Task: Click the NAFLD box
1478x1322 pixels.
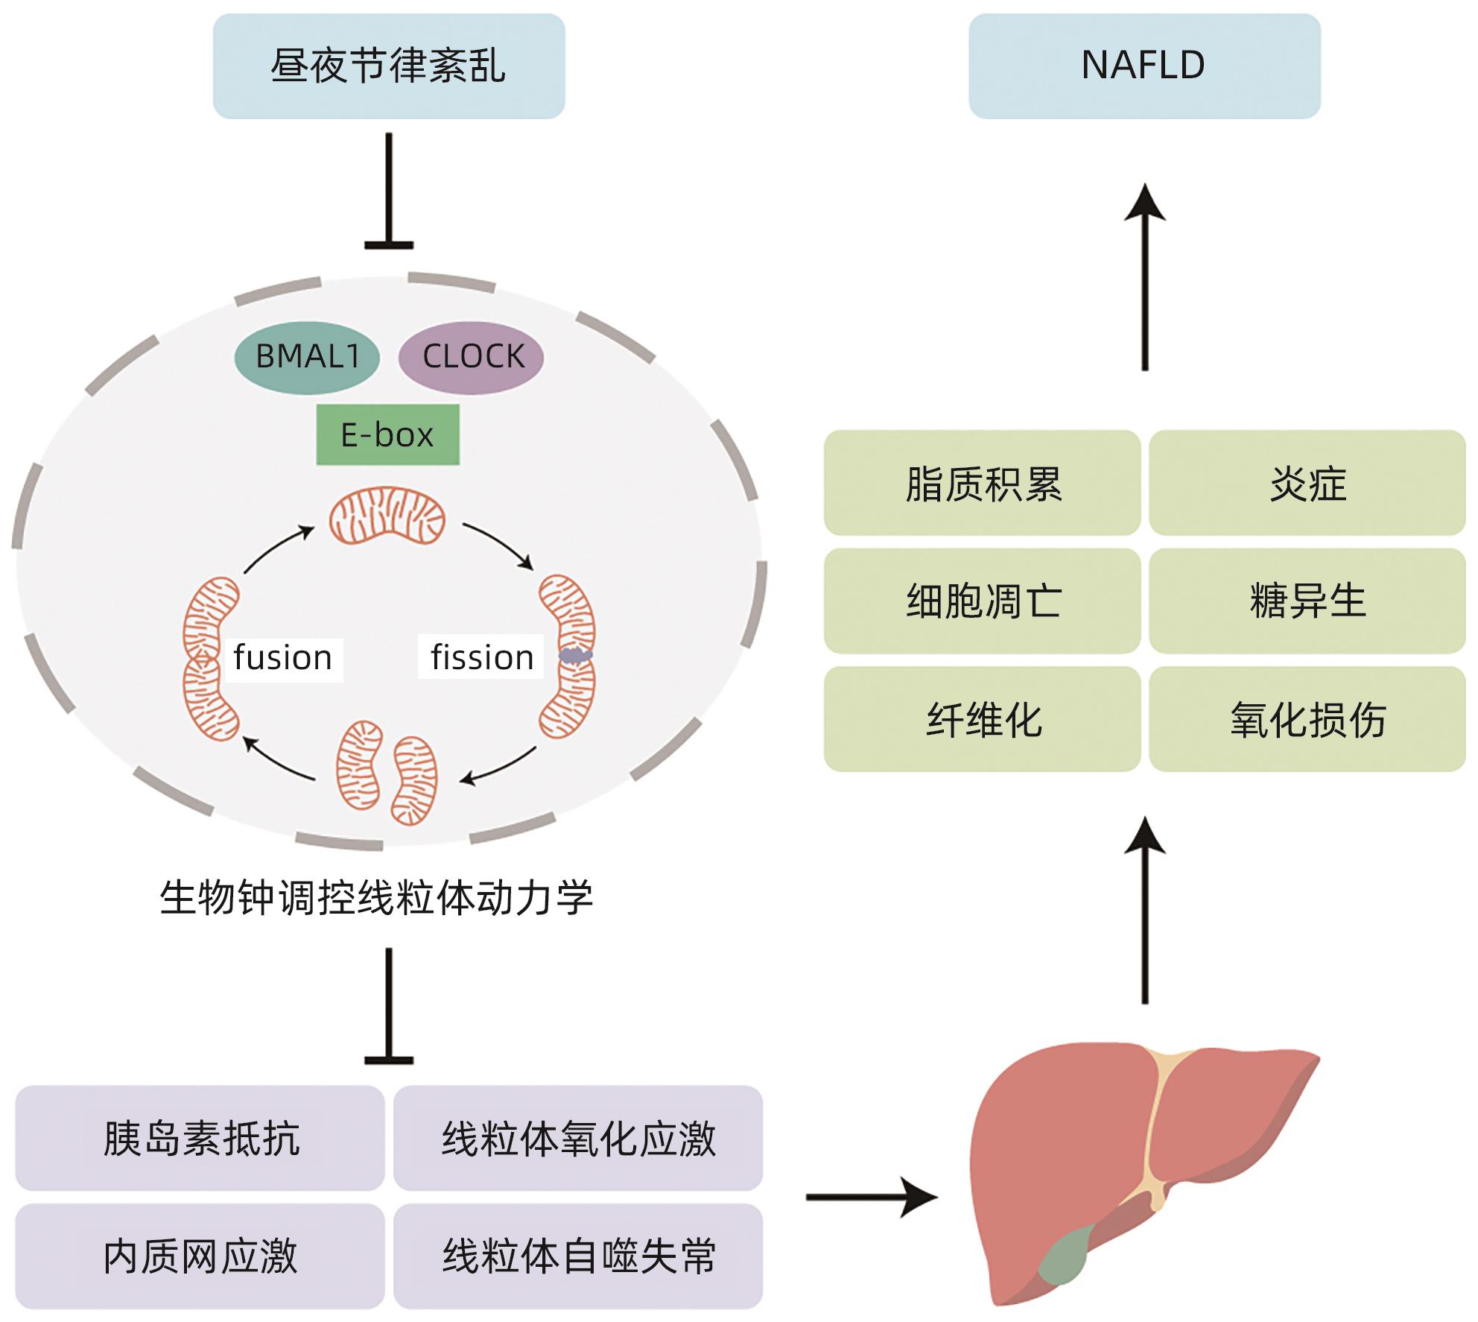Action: click(1144, 66)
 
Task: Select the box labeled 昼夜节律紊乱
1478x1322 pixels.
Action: click(388, 66)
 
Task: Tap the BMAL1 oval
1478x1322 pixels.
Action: click(307, 357)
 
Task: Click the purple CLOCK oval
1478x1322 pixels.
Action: click(472, 357)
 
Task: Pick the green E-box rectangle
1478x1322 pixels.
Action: click(387, 435)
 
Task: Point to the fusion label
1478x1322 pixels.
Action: click(283, 659)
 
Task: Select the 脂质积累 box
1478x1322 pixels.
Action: click(982, 483)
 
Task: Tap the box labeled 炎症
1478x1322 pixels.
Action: click(1307, 483)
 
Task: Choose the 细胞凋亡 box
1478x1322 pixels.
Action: click(982, 601)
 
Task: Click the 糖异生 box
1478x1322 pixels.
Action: click(1307, 601)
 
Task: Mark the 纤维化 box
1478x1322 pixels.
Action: click(982, 719)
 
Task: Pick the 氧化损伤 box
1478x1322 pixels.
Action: click(1307, 719)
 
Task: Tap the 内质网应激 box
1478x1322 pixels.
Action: click(200, 1256)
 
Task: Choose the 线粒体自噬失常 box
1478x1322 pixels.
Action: click(578, 1256)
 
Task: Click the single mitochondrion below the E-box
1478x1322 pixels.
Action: click(387, 516)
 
